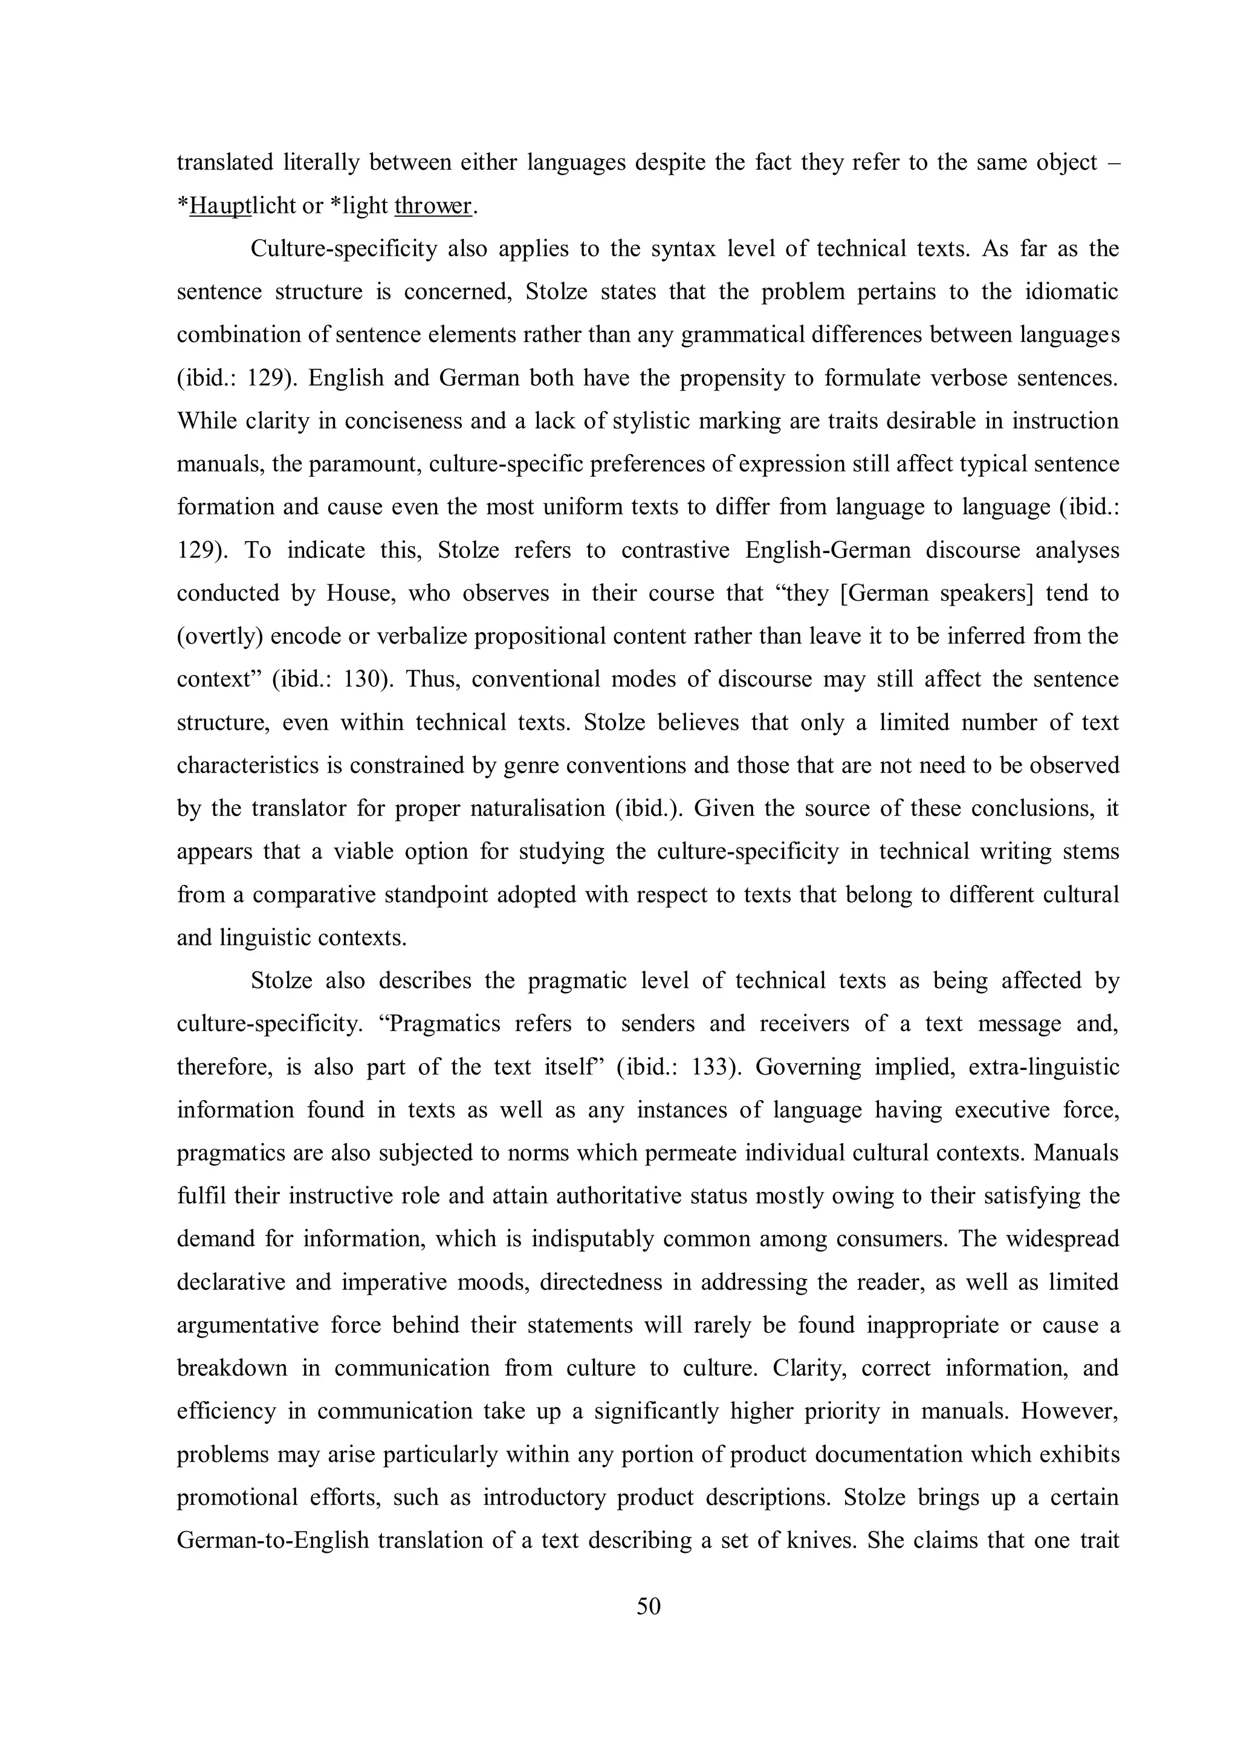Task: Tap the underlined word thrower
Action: [x=432, y=206]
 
